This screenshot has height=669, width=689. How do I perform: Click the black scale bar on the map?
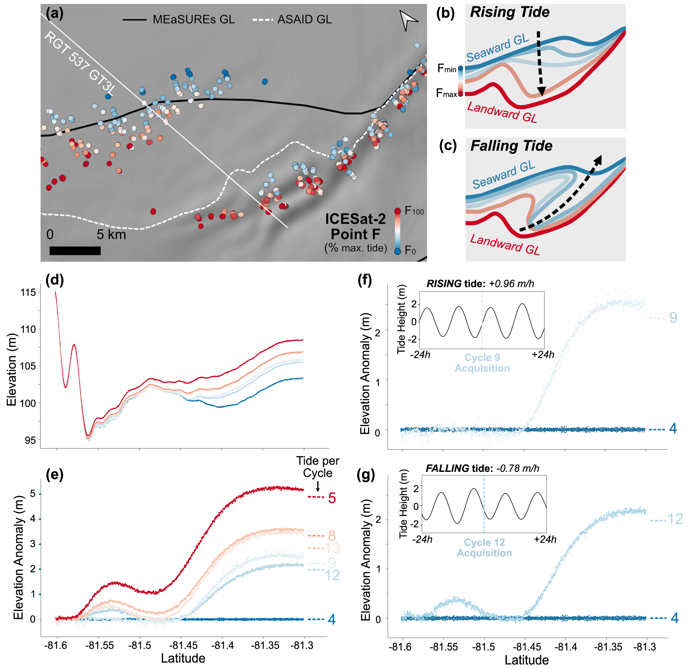(x=75, y=251)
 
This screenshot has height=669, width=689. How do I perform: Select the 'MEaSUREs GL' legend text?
(x=194, y=19)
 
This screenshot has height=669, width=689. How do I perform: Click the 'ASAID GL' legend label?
(x=304, y=19)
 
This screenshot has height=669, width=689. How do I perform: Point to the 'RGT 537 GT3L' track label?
(x=80, y=63)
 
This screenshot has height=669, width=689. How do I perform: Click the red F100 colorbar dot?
(x=398, y=211)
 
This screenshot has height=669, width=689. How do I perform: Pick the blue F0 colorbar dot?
(x=398, y=251)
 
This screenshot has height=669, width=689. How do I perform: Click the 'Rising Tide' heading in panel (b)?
(x=510, y=12)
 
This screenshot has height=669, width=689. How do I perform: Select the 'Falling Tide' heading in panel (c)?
(x=511, y=146)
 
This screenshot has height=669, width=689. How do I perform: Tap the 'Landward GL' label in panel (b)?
(x=502, y=112)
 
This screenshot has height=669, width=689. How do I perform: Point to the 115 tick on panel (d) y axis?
(x=28, y=293)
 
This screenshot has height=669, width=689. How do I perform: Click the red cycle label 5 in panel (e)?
(x=332, y=498)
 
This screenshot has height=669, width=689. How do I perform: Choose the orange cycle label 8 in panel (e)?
(x=332, y=535)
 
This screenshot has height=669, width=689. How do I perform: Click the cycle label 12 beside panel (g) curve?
(x=675, y=519)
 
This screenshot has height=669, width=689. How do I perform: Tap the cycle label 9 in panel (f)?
(x=673, y=317)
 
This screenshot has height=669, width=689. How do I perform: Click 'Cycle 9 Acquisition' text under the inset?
(x=482, y=363)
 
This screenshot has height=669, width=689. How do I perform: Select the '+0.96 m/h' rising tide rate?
(x=511, y=284)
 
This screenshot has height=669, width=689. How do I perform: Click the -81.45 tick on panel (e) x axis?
(x=181, y=645)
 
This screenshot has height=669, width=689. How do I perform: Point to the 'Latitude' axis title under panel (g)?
(x=526, y=660)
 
